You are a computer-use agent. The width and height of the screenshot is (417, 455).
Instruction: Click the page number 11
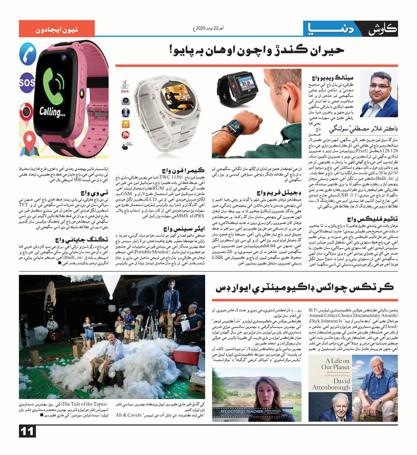point(27,432)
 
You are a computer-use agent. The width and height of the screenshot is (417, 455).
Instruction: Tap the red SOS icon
point(27,82)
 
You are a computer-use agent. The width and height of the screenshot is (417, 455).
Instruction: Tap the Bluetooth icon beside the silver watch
point(126,112)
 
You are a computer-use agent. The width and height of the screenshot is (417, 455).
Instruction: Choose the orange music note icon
point(126,124)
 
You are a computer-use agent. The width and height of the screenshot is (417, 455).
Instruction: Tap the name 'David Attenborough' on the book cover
point(331,384)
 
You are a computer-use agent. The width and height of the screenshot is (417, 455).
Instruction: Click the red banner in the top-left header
point(57,29)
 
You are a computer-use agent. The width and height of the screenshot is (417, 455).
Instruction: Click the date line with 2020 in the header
point(209,28)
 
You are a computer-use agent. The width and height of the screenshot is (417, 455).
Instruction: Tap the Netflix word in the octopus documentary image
point(284,415)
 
